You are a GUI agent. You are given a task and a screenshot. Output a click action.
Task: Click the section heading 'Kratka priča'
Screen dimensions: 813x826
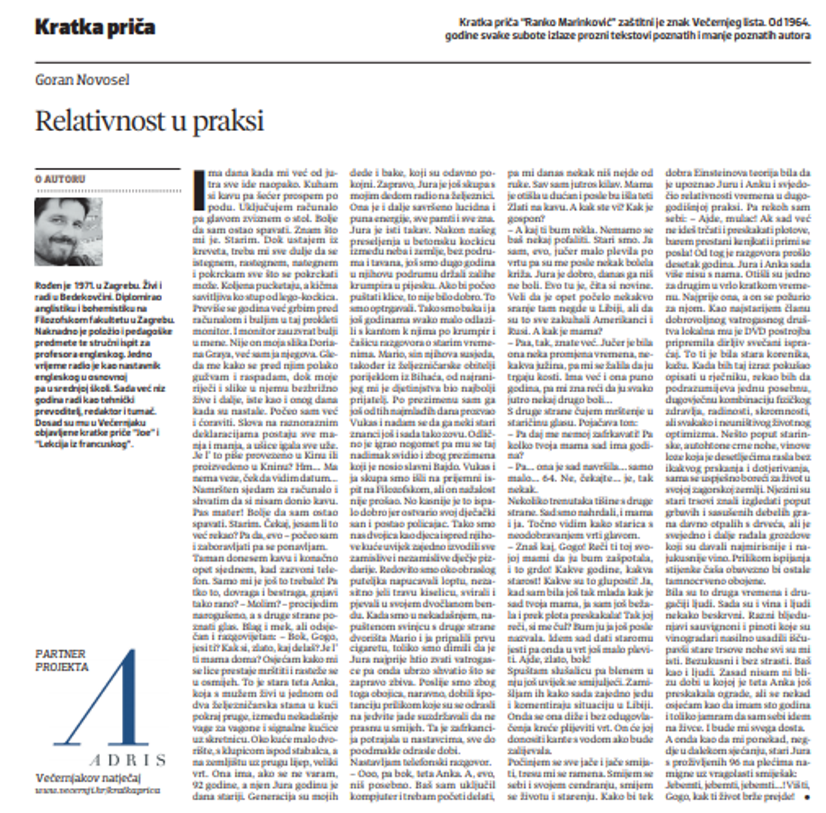tap(95, 29)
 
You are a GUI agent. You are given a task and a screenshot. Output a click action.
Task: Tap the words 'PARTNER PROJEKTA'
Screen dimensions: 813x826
tap(63, 660)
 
